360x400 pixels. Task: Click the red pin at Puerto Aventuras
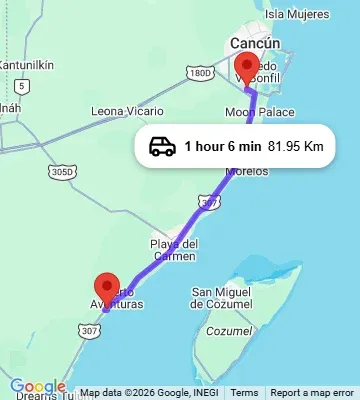point(106,287)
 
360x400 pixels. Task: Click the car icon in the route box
point(162,147)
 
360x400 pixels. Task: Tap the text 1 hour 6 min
point(222,147)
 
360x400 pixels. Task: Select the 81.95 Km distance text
point(296,147)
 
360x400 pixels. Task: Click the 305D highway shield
point(62,171)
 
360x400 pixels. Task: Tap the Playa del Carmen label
point(173,250)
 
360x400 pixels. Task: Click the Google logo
point(38,387)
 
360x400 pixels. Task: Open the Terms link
point(243,393)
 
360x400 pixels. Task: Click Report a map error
point(312,393)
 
